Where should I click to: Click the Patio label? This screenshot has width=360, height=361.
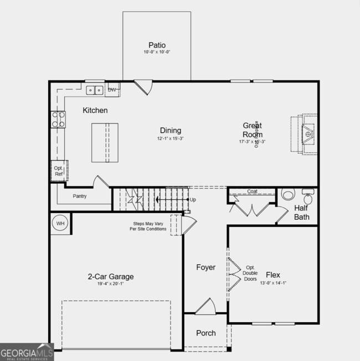(157, 45)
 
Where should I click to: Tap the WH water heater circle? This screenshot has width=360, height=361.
(60, 223)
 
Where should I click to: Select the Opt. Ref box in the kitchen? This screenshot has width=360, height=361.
(59, 171)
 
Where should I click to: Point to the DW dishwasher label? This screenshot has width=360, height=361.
(112, 90)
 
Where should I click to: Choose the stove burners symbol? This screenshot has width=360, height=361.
(58, 119)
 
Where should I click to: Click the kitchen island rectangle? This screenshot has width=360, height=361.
(105, 142)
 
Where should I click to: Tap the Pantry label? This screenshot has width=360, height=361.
(80, 196)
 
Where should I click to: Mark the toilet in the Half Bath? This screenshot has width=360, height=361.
(287, 195)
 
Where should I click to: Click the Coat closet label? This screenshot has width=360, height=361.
(252, 192)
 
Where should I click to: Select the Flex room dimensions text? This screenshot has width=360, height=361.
(272, 283)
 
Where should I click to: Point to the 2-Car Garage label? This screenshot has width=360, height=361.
(111, 276)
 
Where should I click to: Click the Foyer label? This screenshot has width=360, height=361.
(205, 267)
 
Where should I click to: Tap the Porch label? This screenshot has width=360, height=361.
(206, 333)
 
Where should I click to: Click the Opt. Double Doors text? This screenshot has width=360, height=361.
(250, 274)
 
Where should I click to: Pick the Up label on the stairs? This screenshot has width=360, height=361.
(193, 199)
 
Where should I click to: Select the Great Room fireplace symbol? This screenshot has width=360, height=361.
(305, 133)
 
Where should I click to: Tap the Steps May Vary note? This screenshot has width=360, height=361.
(148, 226)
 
